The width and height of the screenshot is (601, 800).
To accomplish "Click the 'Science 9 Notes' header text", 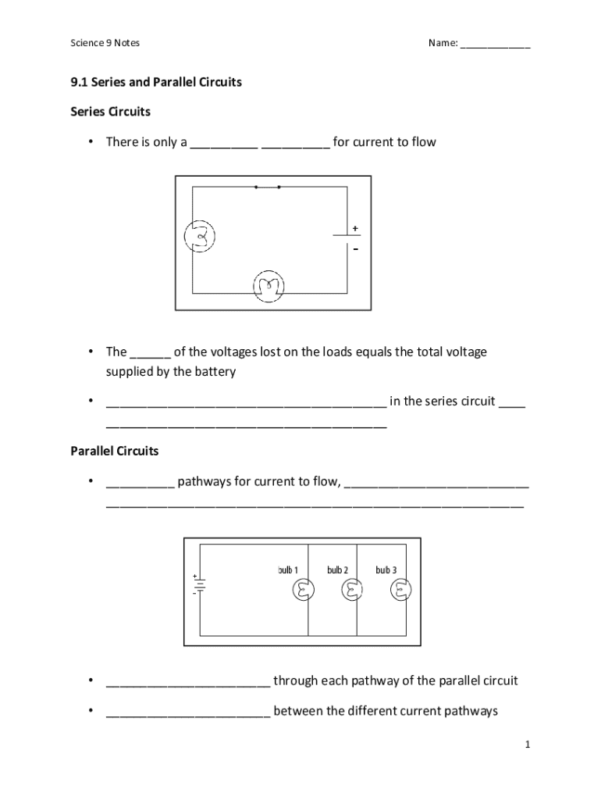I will tap(105, 43).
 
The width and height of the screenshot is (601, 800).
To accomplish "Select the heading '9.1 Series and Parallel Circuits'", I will tap(156, 82).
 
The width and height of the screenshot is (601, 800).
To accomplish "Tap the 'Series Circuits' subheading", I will tap(110, 112).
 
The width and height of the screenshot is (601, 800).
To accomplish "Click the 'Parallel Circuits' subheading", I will tap(115, 452).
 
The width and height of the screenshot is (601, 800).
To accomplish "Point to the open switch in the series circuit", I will tap(267, 187).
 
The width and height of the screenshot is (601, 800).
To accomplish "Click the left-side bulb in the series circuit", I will tap(199, 236).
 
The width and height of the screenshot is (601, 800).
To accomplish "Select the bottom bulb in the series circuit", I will tap(268, 287).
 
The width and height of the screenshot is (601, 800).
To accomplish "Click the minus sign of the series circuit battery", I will tap(355, 250).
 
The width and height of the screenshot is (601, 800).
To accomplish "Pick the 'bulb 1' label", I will tap(287, 570).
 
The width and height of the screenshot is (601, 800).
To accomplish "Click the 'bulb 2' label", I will tap(337, 570).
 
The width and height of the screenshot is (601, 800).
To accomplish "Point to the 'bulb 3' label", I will tap(386, 570).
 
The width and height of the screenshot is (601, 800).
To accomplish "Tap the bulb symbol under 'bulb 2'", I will tap(354, 591).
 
